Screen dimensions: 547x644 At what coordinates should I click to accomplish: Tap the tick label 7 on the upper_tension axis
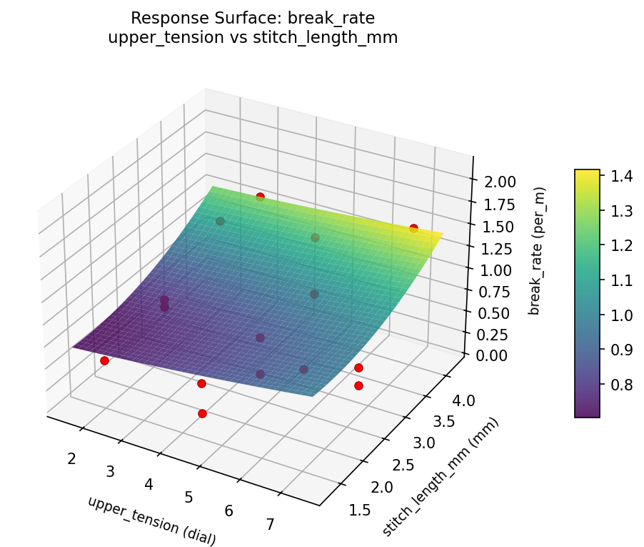(270, 525)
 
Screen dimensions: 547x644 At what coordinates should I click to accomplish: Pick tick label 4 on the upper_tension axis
(149, 484)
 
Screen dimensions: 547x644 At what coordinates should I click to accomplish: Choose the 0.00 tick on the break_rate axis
(493, 355)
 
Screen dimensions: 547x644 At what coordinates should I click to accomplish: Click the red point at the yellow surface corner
(413, 228)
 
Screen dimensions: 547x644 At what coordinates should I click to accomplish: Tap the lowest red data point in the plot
(202, 413)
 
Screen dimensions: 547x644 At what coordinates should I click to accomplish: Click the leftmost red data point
(104, 360)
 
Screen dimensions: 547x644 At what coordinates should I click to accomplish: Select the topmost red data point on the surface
(260, 197)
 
